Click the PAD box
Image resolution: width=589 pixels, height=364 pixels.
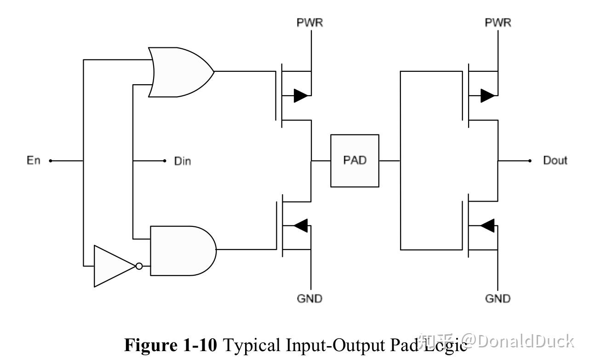pos(355,161)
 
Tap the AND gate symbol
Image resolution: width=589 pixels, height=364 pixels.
pos(182,250)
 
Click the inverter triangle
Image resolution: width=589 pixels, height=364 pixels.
pos(113,266)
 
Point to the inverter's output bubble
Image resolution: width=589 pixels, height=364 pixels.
pos(138,266)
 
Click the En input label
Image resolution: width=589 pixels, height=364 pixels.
pos(33,161)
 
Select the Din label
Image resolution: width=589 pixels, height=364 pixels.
pos(182,161)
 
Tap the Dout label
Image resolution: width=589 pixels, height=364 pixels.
pos(555,161)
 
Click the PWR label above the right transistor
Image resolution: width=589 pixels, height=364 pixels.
pos(498,23)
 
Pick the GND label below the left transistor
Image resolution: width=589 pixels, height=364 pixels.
pos(309,299)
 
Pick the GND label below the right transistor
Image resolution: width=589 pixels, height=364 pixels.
pos(498,299)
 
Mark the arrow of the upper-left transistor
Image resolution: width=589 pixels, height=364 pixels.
pos(301,96)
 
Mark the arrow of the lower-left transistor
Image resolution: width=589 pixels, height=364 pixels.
pos(301,225)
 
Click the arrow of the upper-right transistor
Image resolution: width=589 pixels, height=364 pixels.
pos(487,96)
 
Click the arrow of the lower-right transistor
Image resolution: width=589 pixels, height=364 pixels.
pos(487,225)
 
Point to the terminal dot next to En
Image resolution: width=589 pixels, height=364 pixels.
pos(51,161)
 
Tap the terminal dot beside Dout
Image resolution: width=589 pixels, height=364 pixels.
pos(530,161)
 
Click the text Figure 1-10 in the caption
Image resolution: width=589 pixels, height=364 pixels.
pos(170,345)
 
